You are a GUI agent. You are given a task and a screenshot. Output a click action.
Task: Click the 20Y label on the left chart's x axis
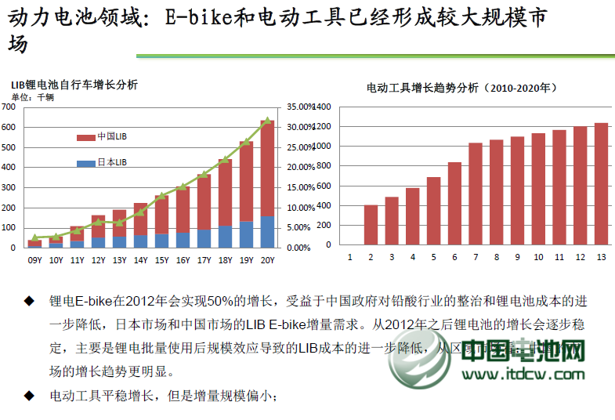click(267, 260)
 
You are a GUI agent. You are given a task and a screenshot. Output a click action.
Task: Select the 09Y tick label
click(34, 260)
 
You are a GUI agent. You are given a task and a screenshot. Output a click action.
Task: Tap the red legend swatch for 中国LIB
click(85, 137)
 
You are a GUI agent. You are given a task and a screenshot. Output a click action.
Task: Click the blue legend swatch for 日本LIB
click(85, 163)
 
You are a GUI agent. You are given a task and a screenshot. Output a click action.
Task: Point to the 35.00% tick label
click(299, 107)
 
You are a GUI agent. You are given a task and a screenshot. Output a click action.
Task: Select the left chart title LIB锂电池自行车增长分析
click(74, 85)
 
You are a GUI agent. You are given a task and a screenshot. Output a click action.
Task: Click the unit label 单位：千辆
click(32, 96)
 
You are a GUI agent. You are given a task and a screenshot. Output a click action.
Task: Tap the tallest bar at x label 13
click(601, 183)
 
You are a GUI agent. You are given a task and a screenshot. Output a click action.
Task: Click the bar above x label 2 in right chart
click(371, 225)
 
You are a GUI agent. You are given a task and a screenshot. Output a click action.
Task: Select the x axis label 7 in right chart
click(475, 257)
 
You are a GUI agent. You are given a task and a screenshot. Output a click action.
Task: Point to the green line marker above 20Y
click(267, 121)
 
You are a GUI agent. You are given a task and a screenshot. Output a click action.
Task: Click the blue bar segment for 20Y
click(267, 232)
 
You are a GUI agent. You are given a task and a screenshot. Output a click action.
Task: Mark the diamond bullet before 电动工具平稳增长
click(29, 396)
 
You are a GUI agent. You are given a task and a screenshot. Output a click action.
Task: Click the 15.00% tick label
click(299, 187)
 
